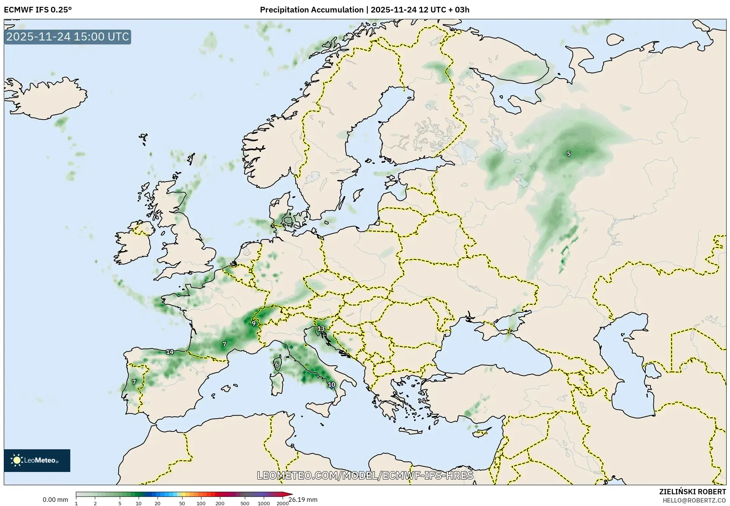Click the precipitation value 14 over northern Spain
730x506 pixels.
point(170,352)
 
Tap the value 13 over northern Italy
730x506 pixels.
point(321,329)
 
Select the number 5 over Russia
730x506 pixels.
point(569,154)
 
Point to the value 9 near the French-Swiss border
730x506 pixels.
point(254,323)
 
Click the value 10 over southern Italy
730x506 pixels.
point(331,385)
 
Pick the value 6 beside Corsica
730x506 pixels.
point(277,365)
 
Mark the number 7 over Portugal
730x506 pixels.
point(134,382)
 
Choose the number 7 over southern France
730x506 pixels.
point(224,344)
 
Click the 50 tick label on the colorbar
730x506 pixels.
point(182,503)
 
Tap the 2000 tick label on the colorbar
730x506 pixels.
point(283,503)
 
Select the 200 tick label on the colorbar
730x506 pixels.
point(220,503)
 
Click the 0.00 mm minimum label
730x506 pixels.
point(55,500)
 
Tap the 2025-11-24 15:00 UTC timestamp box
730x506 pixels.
point(68,37)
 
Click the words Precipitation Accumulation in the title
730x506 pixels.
point(311,10)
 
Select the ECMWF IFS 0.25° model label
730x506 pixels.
point(38,10)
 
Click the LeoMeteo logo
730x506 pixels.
point(37,460)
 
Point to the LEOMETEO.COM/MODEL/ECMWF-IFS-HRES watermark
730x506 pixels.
point(365,475)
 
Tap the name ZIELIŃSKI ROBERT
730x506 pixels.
point(692,492)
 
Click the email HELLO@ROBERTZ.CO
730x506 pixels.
point(694,500)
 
